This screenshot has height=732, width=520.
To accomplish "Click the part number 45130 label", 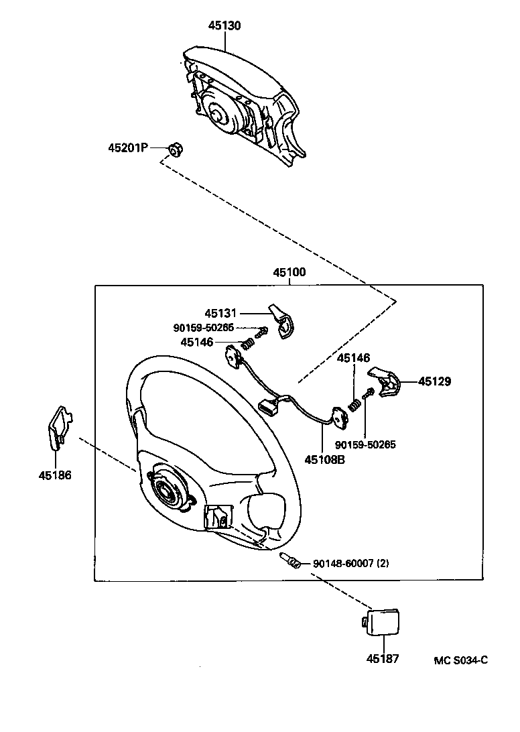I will (x=224, y=25).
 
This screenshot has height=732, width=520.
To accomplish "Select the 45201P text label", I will (x=127, y=147).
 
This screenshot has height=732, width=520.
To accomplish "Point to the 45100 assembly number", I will (x=289, y=273).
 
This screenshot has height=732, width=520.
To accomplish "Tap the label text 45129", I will (x=435, y=381).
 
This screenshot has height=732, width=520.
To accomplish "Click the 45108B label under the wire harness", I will (x=324, y=460).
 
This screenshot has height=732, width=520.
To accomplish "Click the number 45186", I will (x=54, y=475).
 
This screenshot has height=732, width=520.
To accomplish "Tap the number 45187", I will (x=383, y=659).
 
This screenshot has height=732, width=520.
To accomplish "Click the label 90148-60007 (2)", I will (x=350, y=564).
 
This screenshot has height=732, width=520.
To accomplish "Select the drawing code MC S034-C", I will (x=460, y=660).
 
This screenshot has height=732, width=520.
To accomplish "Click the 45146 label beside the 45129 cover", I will (x=353, y=359).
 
